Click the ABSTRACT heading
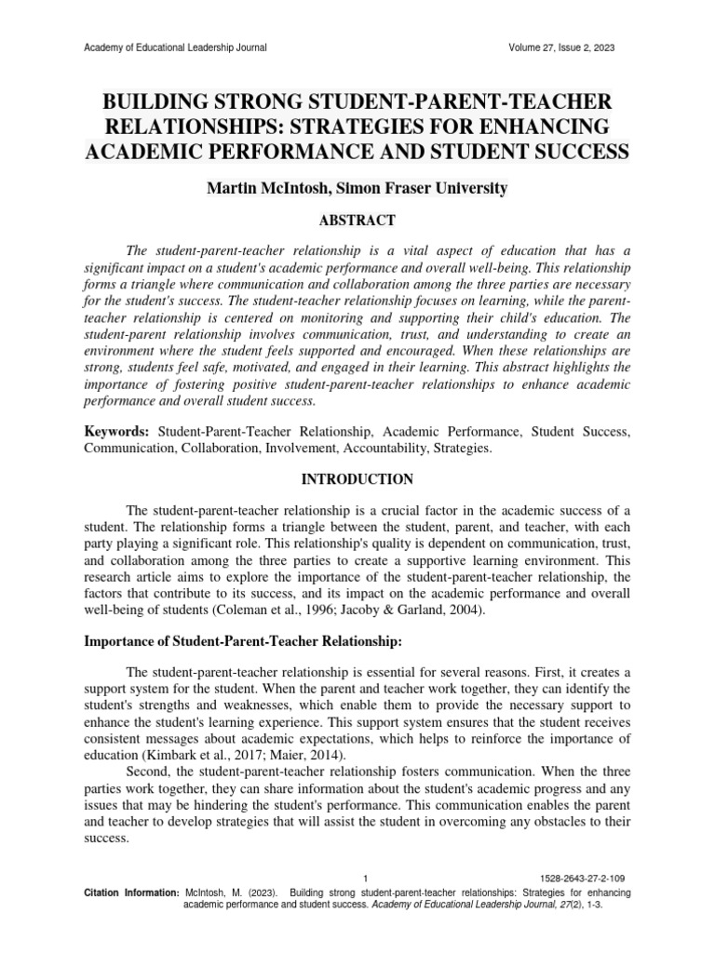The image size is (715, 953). (x=357, y=221)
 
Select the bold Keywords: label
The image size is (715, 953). (x=117, y=433)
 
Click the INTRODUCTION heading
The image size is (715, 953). (x=357, y=479)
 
